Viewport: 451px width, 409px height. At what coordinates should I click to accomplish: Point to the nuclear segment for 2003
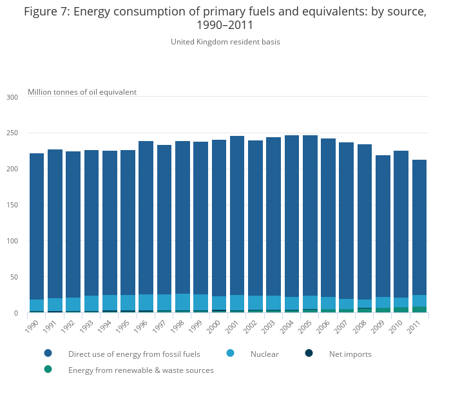coord(273,303)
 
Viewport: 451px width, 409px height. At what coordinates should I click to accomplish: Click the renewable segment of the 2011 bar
coord(419,310)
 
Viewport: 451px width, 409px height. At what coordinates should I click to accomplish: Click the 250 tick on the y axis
coord(12,133)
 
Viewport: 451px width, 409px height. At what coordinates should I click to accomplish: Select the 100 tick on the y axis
coord(12,242)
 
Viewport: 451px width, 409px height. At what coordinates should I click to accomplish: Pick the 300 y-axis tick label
coord(12,97)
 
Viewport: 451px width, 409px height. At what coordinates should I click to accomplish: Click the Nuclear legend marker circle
coord(230,353)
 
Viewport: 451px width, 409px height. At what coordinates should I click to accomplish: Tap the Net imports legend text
coord(350,354)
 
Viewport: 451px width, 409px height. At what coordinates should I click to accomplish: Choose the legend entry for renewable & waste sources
coord(140,370)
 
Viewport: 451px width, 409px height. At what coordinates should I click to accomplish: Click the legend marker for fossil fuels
coord(48,353)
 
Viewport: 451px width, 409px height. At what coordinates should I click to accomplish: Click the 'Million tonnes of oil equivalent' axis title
coord(82,92)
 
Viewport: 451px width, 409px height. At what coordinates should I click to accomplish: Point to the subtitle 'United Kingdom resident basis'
coord(225,42)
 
